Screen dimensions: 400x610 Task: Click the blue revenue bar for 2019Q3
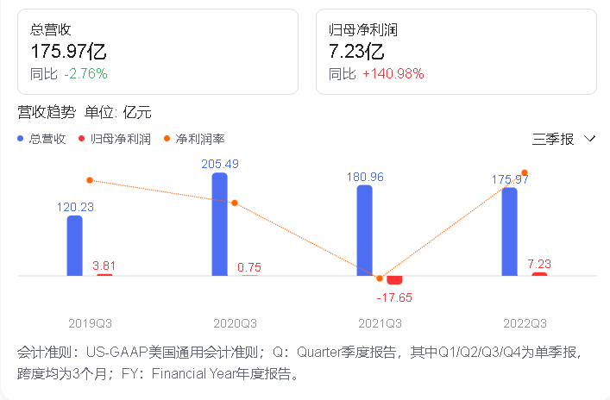pos(75,246)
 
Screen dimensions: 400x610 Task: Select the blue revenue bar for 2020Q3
pos(220,224)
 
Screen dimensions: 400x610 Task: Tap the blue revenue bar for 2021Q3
pos(365,230)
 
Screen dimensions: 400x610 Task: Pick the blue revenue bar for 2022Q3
pos(510,232)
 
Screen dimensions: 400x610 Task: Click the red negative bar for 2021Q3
pos(394,280)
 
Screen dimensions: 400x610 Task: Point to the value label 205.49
pos(219,164)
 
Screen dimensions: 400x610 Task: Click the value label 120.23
pos(75,207)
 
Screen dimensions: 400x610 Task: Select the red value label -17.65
pos(394,297)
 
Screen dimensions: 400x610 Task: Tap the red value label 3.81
pos(104,266)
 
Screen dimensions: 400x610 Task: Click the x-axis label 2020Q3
pos(235,323)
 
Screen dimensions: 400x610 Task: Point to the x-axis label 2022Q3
pos(525,323)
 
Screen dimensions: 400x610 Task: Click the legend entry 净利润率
pos(199,138)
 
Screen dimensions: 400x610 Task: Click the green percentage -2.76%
pos(85,74)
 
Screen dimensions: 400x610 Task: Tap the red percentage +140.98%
pos(393,74)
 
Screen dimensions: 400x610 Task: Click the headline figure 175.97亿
pos(68,52)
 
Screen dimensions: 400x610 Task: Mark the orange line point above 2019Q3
pos(90,179)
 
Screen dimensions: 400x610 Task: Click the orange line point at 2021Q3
pos(380,278)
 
